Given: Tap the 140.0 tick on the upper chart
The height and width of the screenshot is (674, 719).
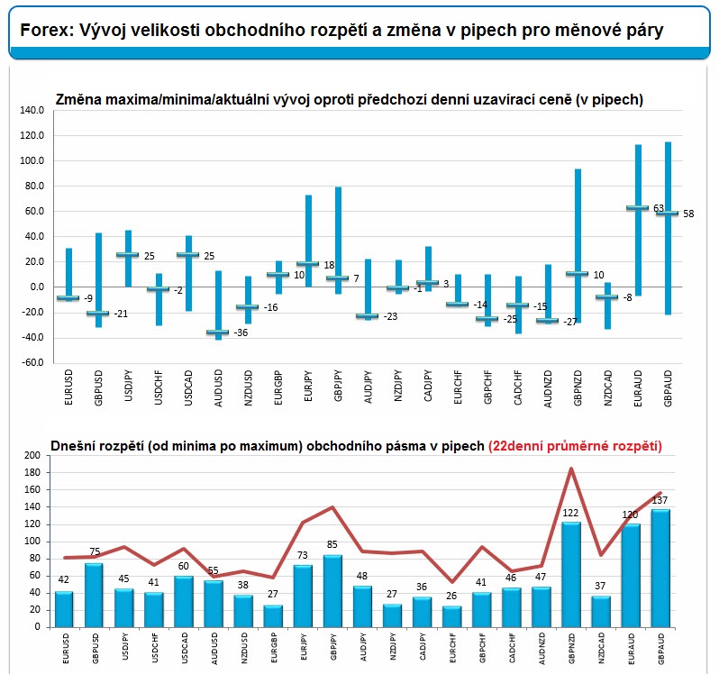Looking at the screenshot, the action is coord(32,110).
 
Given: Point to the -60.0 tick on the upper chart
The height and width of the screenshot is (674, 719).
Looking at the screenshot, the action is coord(32,362).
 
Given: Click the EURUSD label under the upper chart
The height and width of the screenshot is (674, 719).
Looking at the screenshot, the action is coord(68,387).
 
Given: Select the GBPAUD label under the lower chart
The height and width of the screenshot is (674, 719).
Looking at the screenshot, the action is coord(660,649).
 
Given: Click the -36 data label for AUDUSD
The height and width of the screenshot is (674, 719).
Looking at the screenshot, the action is coord(241,332).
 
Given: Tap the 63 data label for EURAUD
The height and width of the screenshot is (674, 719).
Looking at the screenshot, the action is coord(659,208).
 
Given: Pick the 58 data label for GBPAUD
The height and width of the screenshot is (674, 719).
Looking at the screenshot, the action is coord(688,214).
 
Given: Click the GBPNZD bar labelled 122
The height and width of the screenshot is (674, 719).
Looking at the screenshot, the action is coord(571,575).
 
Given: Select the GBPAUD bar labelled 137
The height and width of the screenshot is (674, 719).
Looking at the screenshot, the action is coord(660,568).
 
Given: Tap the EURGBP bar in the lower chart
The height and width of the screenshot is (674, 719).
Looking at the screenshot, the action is coord(273,616).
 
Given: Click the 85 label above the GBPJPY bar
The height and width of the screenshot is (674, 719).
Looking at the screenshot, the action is coord(332,545).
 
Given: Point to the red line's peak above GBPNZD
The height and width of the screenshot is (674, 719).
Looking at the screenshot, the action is coord(571,469).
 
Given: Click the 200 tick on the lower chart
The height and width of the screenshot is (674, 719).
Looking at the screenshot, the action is coord(32,455).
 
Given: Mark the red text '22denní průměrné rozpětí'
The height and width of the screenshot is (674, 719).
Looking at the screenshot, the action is coord(575,446).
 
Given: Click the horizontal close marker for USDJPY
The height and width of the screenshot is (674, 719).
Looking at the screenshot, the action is coord(127,254).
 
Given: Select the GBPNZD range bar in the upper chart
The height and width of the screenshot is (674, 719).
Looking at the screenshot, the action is coord(578,246).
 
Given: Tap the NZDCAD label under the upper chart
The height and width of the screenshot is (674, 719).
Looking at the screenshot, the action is coord(607,387).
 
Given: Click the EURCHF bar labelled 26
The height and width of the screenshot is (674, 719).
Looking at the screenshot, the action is coord(451,616).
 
